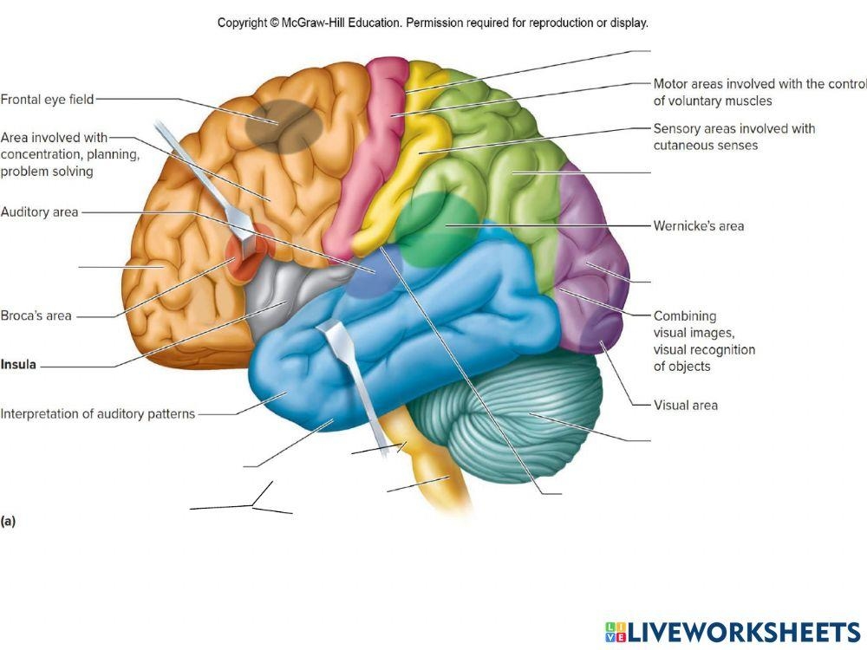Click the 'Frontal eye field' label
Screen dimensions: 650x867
tap(47, 100)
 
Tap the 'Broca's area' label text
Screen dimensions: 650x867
tap(36, 315)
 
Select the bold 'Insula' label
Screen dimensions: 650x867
tap(18, 365)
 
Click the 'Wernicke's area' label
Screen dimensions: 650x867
tap(698, 226)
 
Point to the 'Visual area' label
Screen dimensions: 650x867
tap(685, 405)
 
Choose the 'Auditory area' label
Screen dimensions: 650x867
tap(40, 211)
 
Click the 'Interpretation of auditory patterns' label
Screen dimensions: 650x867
tap(98, 413)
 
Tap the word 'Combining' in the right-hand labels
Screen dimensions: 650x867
tap(685, 316)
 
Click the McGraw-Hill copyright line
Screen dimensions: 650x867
tap(433, 23)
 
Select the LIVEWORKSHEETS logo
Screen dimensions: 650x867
tap(732, 631)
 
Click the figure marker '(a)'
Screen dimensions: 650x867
tap(9, 521)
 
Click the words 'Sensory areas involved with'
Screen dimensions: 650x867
tap(733, 128)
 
